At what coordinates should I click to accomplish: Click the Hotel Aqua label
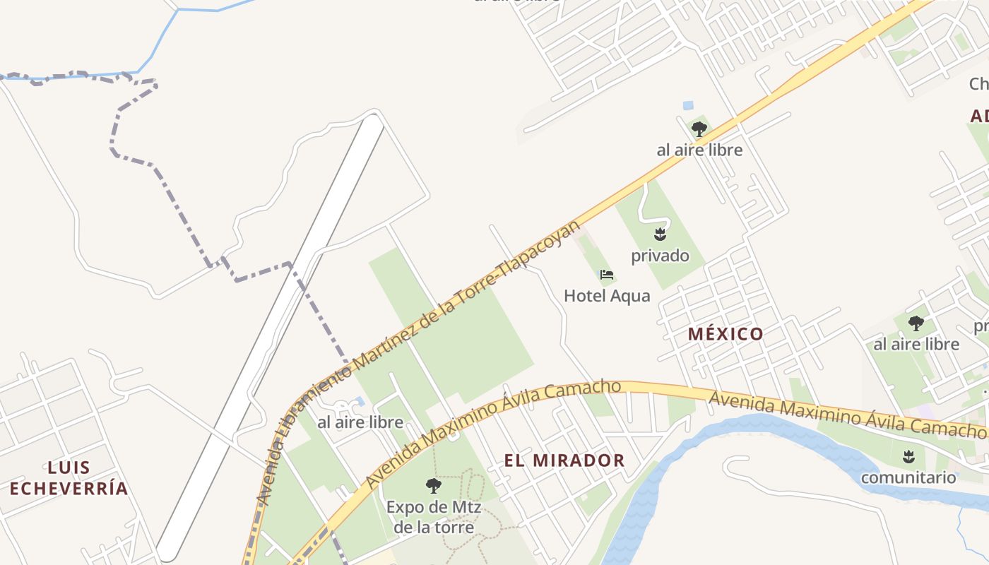(607, 295)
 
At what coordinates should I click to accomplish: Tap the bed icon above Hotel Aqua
(606, 275)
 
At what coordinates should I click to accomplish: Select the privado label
(660, 255)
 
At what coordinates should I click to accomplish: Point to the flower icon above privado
(660, 234)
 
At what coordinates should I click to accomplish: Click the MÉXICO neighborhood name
(726, 334)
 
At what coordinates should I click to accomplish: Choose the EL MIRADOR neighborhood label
(564, 460)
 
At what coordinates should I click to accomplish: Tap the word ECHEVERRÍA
(69, 488)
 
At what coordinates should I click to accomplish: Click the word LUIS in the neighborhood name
(69, 467)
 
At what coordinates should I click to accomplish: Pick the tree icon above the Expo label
(434, 486)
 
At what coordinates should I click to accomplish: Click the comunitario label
(908, 477)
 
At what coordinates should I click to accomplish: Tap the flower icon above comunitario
(908, 456)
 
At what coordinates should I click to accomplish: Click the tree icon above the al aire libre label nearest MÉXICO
(916, 323)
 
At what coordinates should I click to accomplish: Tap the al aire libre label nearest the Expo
(360, 422)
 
